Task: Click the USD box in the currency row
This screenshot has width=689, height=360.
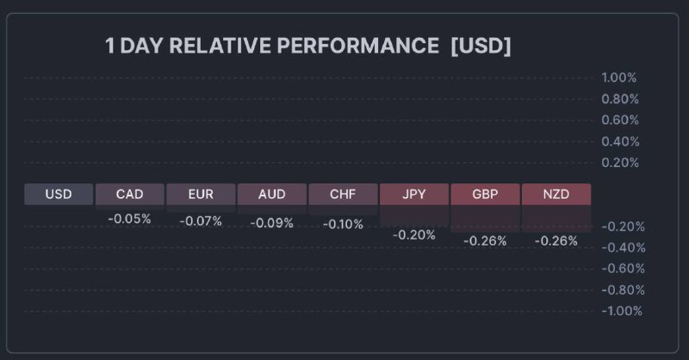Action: tap(59, 194)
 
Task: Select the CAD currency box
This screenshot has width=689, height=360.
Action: tap(129, 194)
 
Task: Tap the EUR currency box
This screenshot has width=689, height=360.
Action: tap(201, 194)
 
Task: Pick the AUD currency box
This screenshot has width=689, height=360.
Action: tap(271, 194)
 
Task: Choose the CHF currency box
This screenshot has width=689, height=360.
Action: tap(343, 194)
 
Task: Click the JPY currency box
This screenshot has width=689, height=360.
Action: tap(414, 194)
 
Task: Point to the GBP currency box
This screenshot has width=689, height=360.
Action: tap(485, 194)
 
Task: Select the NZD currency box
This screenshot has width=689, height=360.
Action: tap(556, 194)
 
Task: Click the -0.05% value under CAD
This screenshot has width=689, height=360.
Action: tap(129, 219)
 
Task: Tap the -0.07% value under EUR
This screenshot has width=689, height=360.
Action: tap(201, 221)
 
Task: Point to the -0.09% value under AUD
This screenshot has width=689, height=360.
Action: tap(271, 223)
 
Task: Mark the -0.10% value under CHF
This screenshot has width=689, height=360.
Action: tap(343, 224)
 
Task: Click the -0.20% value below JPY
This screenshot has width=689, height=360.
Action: tap(414, 234)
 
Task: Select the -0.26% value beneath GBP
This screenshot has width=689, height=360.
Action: tap(485, 241)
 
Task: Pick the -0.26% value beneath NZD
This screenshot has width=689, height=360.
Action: tap(556, 241)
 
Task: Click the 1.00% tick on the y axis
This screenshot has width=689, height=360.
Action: tap(619, 78)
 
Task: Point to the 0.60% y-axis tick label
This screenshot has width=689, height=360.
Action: tap(619, 120)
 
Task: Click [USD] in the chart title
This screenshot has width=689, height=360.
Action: tap(481, 46)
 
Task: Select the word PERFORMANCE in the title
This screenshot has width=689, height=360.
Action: tap(358, 46)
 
